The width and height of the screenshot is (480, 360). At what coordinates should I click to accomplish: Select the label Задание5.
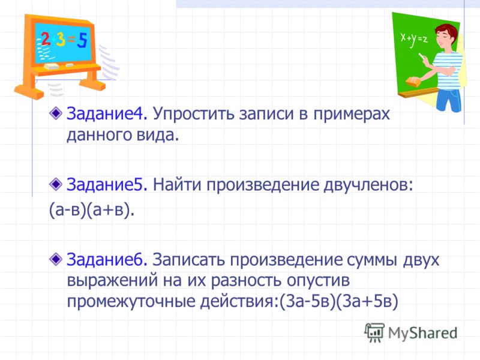[x=107, y=185]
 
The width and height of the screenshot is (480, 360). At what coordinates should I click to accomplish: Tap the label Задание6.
[x=107, y=260]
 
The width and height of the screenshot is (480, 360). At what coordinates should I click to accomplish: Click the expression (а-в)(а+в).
[x=92, y=211]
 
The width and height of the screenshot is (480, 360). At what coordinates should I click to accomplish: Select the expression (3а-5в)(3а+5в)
[x=338, y=301]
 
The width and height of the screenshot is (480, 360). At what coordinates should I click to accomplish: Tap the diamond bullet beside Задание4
[x=56, y=114]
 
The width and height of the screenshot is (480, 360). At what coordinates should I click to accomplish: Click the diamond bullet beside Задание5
[x=56, y=184]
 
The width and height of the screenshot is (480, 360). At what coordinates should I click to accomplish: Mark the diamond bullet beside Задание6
[x=56, y=259]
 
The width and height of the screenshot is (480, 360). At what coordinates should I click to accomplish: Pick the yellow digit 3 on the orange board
[x=61, y=40]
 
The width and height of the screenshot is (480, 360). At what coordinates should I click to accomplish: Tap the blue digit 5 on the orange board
[x=82, y=41]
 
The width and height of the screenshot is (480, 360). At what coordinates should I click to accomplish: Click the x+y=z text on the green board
[x=414, y=39]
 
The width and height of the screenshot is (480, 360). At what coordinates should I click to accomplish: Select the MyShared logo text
[x=422, y=332]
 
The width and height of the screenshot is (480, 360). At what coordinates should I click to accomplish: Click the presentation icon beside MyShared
[x=374, y=332]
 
